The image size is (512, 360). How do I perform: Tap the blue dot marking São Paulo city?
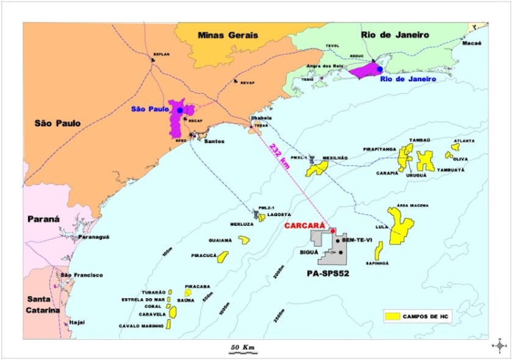point(180,110)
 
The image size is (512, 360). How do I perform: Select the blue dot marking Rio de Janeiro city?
point(380,70)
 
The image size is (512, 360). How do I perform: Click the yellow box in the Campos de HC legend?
point(393,316)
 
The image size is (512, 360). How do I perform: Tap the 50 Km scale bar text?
point(242,347)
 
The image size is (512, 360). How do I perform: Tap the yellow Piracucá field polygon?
point(223,256)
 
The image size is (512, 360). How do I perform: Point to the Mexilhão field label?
point(335,158)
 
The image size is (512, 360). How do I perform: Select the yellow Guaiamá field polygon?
point(244,240)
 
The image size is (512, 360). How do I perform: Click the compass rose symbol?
point(500,345)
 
